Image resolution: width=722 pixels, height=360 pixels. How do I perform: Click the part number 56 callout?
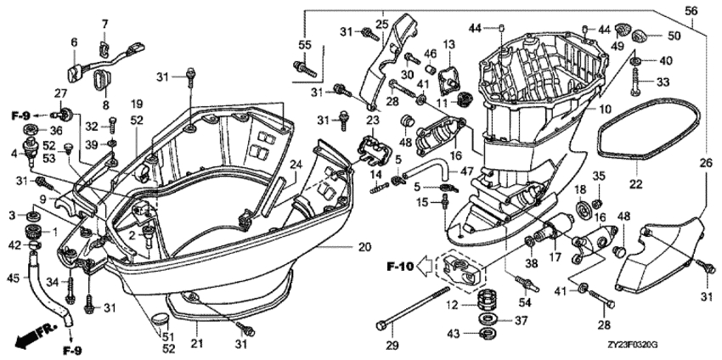(x=691, y=9)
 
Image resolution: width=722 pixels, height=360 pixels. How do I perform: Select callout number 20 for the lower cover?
(x=364, y=247)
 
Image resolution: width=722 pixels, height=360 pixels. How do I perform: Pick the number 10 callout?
(x=604, y=109)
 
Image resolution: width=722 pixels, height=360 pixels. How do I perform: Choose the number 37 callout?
(x=519, y=320)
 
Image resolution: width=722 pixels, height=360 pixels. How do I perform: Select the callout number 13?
(x=448, y=43)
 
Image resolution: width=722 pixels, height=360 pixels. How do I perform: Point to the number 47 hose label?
(x=466, y=172)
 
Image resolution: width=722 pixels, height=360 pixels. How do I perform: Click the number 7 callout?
(x=105, y=23)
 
